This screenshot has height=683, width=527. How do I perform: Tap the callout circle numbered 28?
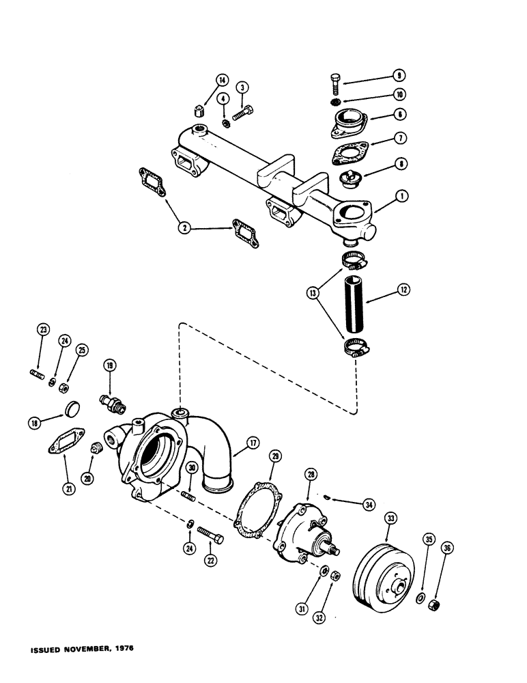pyautogui.click(x=310, y=474)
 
